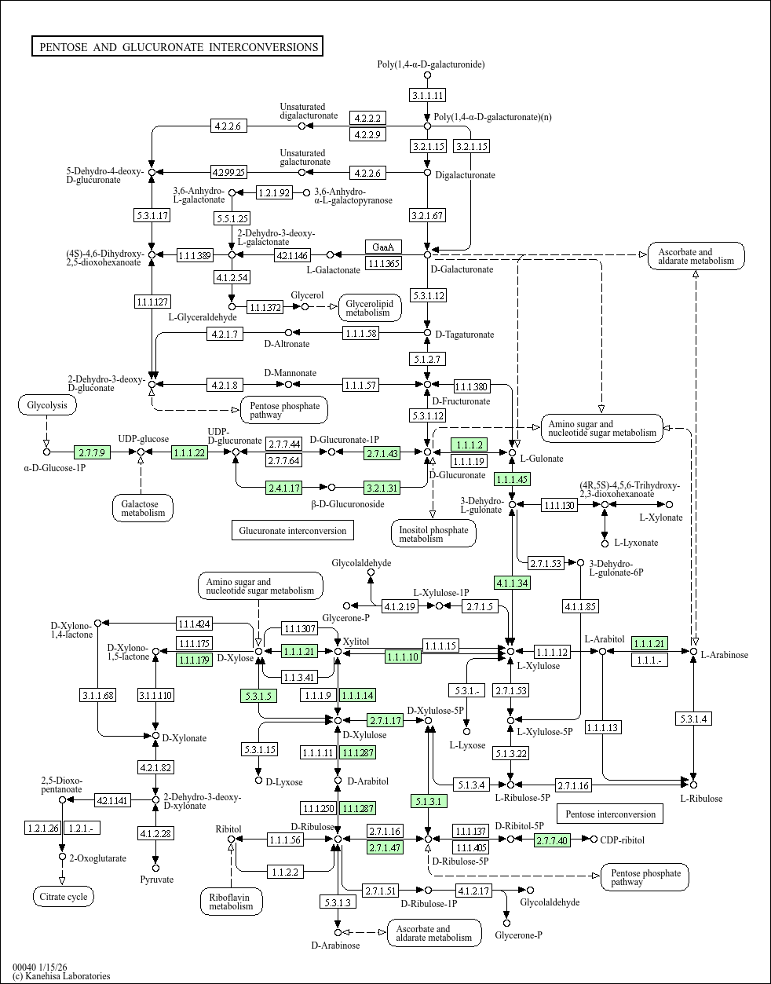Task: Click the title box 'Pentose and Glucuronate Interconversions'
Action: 177,46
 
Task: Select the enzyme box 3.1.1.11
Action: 427,95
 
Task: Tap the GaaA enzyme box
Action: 383,247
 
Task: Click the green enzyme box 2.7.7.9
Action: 92,452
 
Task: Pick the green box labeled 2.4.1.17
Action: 284,488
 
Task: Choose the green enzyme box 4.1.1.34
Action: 512,583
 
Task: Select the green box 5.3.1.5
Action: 258,696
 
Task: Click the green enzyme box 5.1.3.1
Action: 429,801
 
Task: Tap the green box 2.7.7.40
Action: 552,840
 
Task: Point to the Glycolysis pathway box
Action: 47,405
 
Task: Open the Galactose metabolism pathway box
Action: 143,508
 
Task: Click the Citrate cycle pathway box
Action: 64,897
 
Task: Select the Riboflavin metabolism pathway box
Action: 232,902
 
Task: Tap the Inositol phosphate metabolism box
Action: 433,533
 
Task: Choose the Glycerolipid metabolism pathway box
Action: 370,308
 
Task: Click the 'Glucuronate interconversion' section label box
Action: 293,530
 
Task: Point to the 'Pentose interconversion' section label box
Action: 610,814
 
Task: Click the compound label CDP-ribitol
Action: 622,840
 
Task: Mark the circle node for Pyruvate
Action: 155,868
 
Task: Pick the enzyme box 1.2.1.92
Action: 274,192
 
